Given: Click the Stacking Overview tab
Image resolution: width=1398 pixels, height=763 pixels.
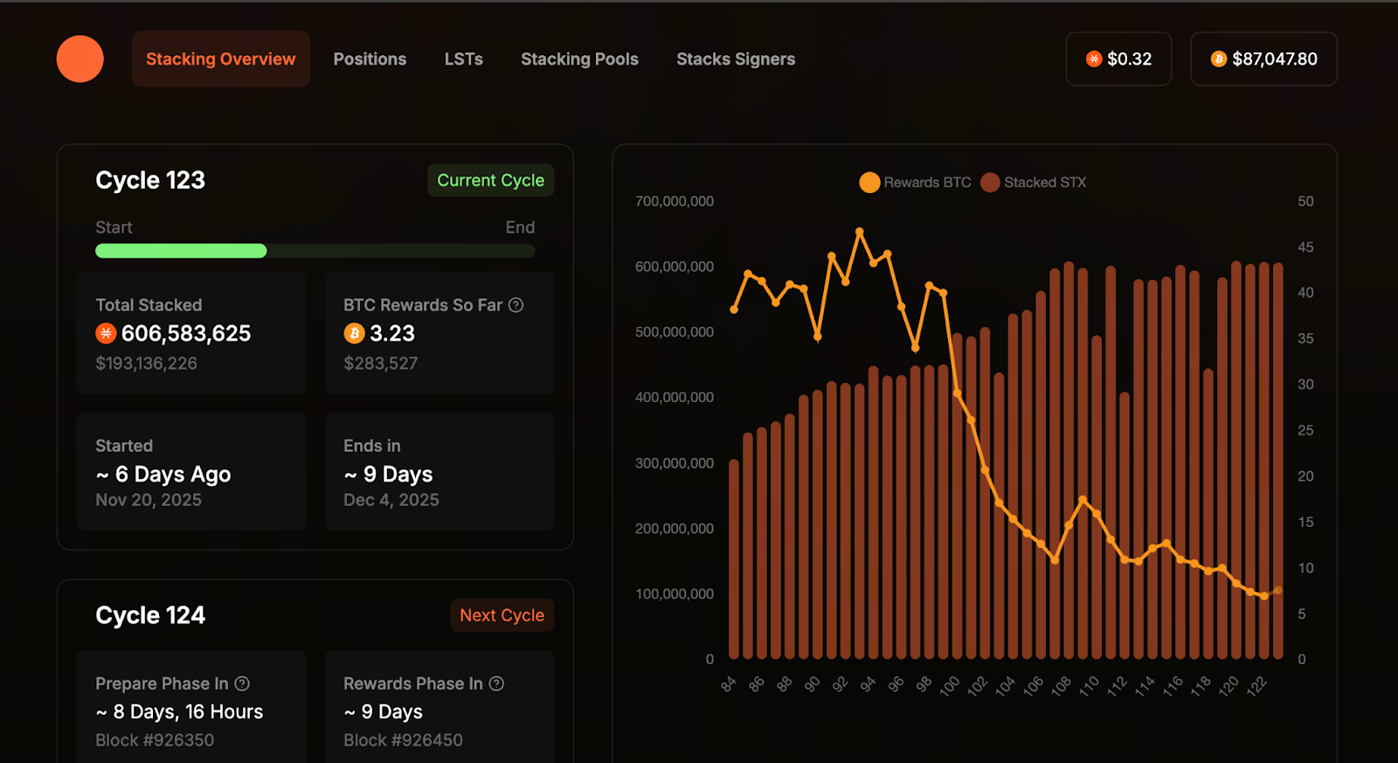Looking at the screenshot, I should [220, 59].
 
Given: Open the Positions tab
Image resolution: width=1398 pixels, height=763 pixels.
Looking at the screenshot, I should [370, 59].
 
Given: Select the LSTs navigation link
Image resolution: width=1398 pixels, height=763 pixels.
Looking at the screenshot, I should [463, 59].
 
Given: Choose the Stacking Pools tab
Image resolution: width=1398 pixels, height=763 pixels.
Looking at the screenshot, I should [579, 59].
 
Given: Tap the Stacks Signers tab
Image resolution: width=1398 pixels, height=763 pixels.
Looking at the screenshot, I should [736, 59].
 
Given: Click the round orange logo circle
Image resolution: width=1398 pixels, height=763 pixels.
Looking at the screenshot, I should [80, 59].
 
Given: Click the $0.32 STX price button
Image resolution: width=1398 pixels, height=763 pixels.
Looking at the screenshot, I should [1118, 59].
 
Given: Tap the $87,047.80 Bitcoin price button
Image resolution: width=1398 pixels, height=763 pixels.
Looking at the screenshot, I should [1263, 59].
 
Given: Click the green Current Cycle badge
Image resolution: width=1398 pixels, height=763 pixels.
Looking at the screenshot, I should [490, 180].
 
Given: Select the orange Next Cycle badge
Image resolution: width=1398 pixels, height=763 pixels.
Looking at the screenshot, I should [502, 615].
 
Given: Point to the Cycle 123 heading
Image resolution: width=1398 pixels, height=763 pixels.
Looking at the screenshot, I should [150, 180].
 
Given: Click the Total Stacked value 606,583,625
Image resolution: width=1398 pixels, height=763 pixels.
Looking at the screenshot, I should [185, 334].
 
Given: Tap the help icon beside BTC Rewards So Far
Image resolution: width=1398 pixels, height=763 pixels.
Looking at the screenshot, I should [516, 305].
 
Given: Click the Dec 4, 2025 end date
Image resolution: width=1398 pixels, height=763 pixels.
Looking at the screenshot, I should [391, 500].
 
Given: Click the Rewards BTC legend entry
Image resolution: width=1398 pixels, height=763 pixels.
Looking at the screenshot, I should [915, 183].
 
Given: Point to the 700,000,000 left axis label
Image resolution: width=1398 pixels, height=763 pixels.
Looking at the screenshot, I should [675, 201].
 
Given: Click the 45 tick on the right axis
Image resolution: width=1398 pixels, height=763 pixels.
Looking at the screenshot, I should [1305, 247].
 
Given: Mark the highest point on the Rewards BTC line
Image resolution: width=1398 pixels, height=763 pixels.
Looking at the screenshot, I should [860, 232].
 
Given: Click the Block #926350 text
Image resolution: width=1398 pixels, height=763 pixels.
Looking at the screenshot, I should [155, 740].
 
